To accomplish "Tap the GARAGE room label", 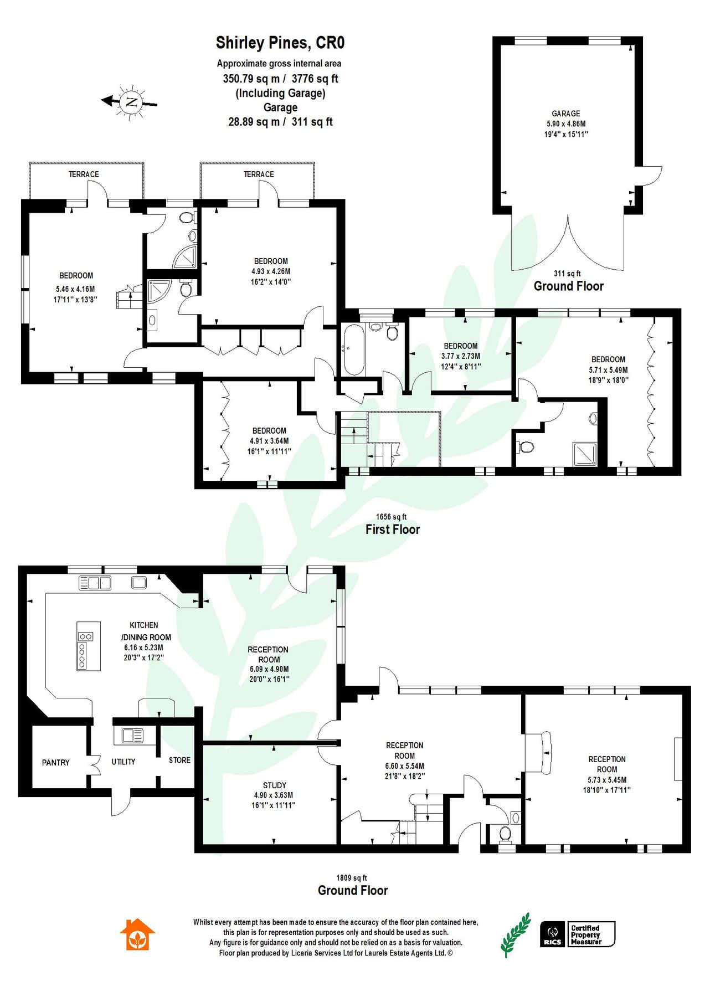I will coord(565,114).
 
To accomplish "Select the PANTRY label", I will coord(55,763).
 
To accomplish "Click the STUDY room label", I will coord(274,785).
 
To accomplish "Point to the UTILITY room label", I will coord(123,762).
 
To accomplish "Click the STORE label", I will coord(179,760).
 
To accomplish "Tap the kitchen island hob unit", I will coord(89,646).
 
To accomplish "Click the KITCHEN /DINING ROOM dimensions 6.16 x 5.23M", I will coord(143,647).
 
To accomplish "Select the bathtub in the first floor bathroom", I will coord(353,350).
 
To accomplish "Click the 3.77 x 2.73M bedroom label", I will coord(460,356).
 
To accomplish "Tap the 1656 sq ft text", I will coord(391,517).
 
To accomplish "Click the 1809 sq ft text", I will coord(351,878).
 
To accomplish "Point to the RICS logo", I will coord(552,934).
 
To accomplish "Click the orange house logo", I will coord(137,935).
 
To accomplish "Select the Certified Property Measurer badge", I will coord(591,934).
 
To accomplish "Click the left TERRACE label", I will coord(84,174).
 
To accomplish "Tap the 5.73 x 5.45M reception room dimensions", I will coord(606,780).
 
